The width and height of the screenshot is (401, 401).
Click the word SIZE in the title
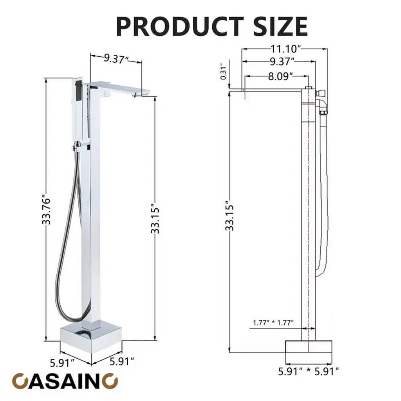(280, 26)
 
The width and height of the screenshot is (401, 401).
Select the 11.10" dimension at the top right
(285, 48)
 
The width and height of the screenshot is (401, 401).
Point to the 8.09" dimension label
(280, 76)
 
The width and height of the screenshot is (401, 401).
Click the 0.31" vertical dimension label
(223, 72)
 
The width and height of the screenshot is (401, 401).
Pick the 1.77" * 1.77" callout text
(273, 323)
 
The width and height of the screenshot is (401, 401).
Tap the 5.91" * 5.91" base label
(309, 372)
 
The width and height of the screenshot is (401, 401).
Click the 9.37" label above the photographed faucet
(116, 59)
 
